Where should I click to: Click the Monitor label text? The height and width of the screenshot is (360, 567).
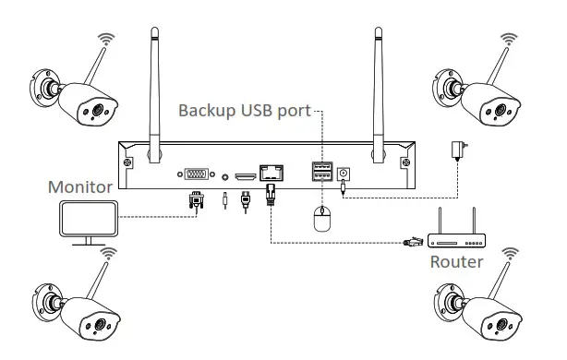(x=79, y=186)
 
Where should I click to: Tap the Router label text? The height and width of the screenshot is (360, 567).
(x=457, y=261)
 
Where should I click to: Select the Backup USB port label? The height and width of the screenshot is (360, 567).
(x=245, y=112)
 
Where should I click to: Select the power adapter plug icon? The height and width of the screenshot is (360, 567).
(x=456, y=150)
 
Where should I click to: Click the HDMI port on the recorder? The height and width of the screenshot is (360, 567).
(x=245, y=174)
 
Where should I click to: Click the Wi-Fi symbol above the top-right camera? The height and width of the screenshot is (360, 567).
(x=506, y=42)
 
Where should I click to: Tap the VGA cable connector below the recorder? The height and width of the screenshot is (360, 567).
(x=196, y=201)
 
